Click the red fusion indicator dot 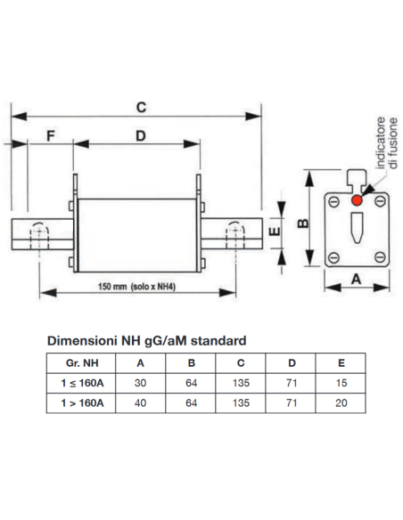point(357,200)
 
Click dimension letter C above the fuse point(141,108)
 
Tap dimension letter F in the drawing point(51,136)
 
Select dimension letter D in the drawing point(141,136)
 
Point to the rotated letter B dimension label point(303,223)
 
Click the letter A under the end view point(357,280)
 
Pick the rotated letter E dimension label point(275,231)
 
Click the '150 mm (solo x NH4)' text point(136,287)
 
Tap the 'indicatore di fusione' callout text point(387,143)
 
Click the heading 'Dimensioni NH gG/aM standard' point(147,341)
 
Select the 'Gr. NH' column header point(82,363)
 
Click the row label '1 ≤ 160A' point(82,383)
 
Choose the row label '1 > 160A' point(82,403)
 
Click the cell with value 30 point(140,383)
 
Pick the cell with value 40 point(140,403)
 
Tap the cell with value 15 point(341,383)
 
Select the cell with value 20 point(341,403)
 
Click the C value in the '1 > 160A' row point(241,403)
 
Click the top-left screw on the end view point(334,201)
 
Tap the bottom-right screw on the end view point(380,257)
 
